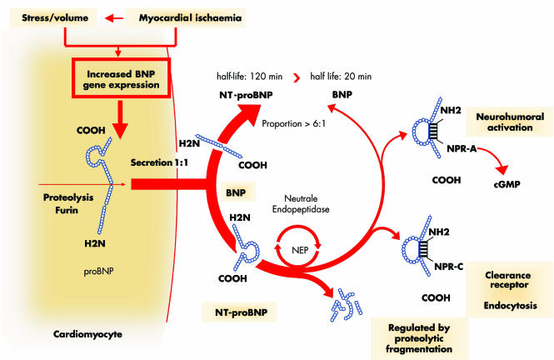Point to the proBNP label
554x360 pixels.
[x=97, y=272]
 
